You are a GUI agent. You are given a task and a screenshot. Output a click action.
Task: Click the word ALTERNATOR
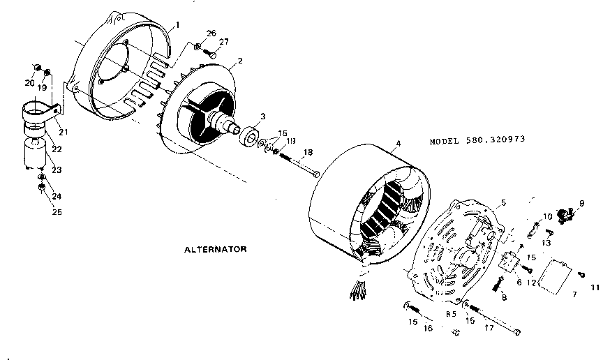coord(216,248)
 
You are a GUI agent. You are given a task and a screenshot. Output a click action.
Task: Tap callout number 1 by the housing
coord(177,24)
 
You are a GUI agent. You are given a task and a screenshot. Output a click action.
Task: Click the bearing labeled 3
coord(249,136)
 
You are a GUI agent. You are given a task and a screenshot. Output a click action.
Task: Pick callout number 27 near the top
coord(223,43)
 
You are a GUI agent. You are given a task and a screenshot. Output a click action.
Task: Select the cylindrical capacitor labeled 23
coord(33,153)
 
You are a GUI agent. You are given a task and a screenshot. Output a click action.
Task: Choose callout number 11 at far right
coord(595,287)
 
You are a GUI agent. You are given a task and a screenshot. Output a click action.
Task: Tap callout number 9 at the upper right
coord(580,203)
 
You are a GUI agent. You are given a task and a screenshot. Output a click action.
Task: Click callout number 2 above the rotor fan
coord(240,61)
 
